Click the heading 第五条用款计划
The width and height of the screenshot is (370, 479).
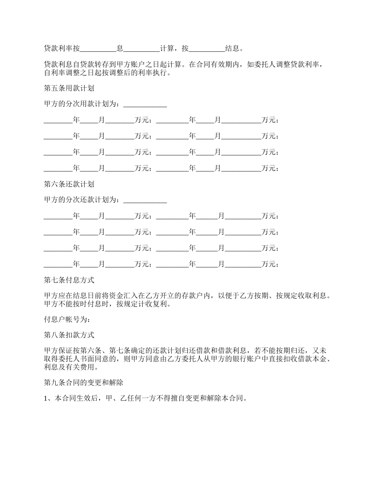click(x=69, y=88)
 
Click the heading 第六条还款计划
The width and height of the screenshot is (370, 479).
click(x=69, y=184)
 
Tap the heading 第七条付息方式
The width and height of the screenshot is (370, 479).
click(x=69, y=280)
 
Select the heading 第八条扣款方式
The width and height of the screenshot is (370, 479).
click(x=69, y=335)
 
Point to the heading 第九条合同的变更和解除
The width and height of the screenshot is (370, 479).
click(x=83, y=383)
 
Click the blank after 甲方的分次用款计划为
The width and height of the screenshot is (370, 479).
click(x=145, y=104)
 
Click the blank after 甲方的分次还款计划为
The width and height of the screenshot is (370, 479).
click(x=145, y=200)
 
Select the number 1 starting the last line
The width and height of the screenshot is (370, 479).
click(x=46, y=399)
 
